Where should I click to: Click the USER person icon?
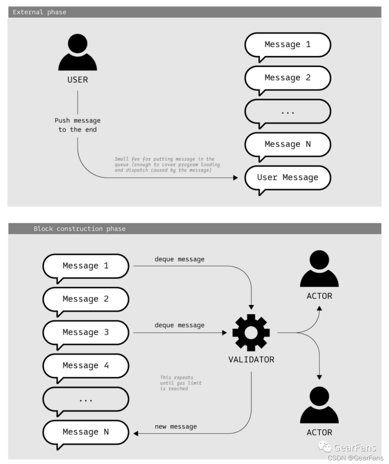[x=77, y=53]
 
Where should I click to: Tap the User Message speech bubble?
[x=287, y=177]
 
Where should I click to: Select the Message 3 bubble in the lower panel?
[x=85, y=332]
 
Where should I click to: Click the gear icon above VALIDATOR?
[x=251, y=332]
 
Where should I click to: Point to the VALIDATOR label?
[x=251, y=360]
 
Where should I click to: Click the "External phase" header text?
[x=40, y=12]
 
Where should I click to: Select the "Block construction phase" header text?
[x=80, y=229]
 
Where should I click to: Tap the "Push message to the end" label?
[x=77, y=125]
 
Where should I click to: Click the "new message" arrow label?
[x=176, y=427]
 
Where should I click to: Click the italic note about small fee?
[x=167, y=165]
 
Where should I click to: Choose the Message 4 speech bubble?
[x=85, y=365]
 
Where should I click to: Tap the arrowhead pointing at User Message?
[x=236, y=177]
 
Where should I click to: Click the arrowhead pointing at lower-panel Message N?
[x=136, y=433]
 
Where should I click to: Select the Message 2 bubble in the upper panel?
[x=287, y=78]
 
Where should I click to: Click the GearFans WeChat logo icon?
[x=325, y=447]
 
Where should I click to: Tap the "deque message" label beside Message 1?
[x=179, y=259]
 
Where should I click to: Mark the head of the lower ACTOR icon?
[x=319, y=396]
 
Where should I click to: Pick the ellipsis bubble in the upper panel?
[x=287, y=112]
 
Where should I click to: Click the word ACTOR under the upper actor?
[x=319, y=296]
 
